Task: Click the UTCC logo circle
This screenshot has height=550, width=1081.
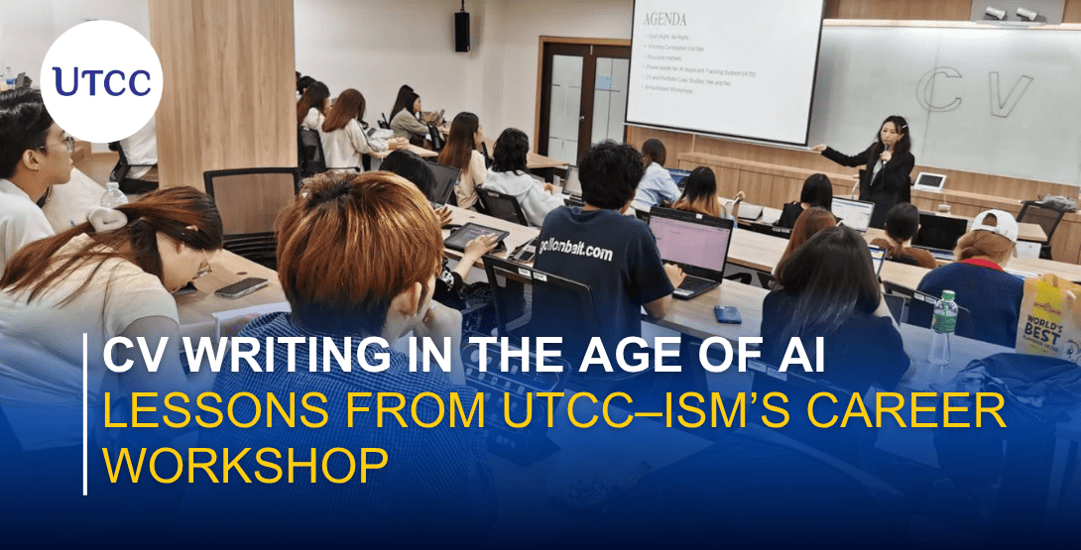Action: [x=102, y=81]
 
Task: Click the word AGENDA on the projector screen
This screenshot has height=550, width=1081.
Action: [x=664, y=20]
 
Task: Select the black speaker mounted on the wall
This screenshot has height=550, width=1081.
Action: [x=462, y=31]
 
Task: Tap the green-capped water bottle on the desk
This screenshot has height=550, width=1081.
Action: [x=943, y=327]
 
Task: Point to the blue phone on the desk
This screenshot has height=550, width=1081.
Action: [x=728, y=314]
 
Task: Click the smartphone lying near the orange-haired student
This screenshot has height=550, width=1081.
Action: [x=240, y=287]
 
